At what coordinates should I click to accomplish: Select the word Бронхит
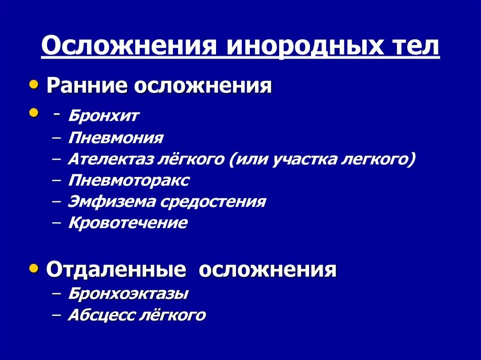point(103,116)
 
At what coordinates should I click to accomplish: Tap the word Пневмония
point(116,138)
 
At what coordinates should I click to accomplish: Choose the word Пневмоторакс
point(129,180)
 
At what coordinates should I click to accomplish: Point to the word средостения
point(213,202)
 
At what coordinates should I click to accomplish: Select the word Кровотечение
point(128,223)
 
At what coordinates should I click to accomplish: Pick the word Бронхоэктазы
point(128,294)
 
